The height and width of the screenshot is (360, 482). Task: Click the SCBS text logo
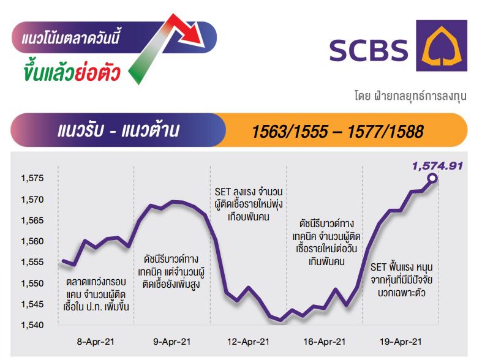tap(368, 50)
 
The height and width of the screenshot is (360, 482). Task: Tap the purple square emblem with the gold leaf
tap(442, 45)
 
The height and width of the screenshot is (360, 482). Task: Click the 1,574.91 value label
tap(437, 166)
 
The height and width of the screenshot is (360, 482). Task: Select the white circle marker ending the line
tap(432, 178)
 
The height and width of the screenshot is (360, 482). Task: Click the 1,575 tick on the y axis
tap(32, 178)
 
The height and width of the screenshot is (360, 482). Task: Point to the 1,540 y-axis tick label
tap(32, 324)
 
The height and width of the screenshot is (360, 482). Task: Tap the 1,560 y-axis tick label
tap(32, 241)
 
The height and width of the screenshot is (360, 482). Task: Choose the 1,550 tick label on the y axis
tap(32, 283)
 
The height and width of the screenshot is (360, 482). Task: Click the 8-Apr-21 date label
tap(96, 342)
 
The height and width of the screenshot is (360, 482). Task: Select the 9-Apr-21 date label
tap(172, 342)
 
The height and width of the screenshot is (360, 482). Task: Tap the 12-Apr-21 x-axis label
tap(248, 342)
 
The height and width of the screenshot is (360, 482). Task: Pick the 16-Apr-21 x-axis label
tap(325, 342)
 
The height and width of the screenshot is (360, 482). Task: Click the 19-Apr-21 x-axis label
tap(401, 342)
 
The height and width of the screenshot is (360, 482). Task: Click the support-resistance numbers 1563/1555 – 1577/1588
tap(337, 132)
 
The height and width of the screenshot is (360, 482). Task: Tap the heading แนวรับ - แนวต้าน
tap(118, 130)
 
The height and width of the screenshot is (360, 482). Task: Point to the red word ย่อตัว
tap(97, 72)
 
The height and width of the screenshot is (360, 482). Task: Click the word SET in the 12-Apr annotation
tap(222, 192)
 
